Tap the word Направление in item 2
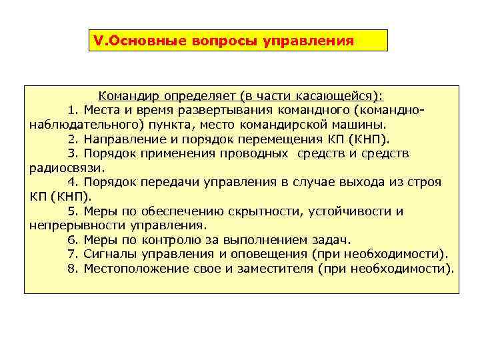click(x=122, y=139)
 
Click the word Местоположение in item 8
click(x=127, y=269)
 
